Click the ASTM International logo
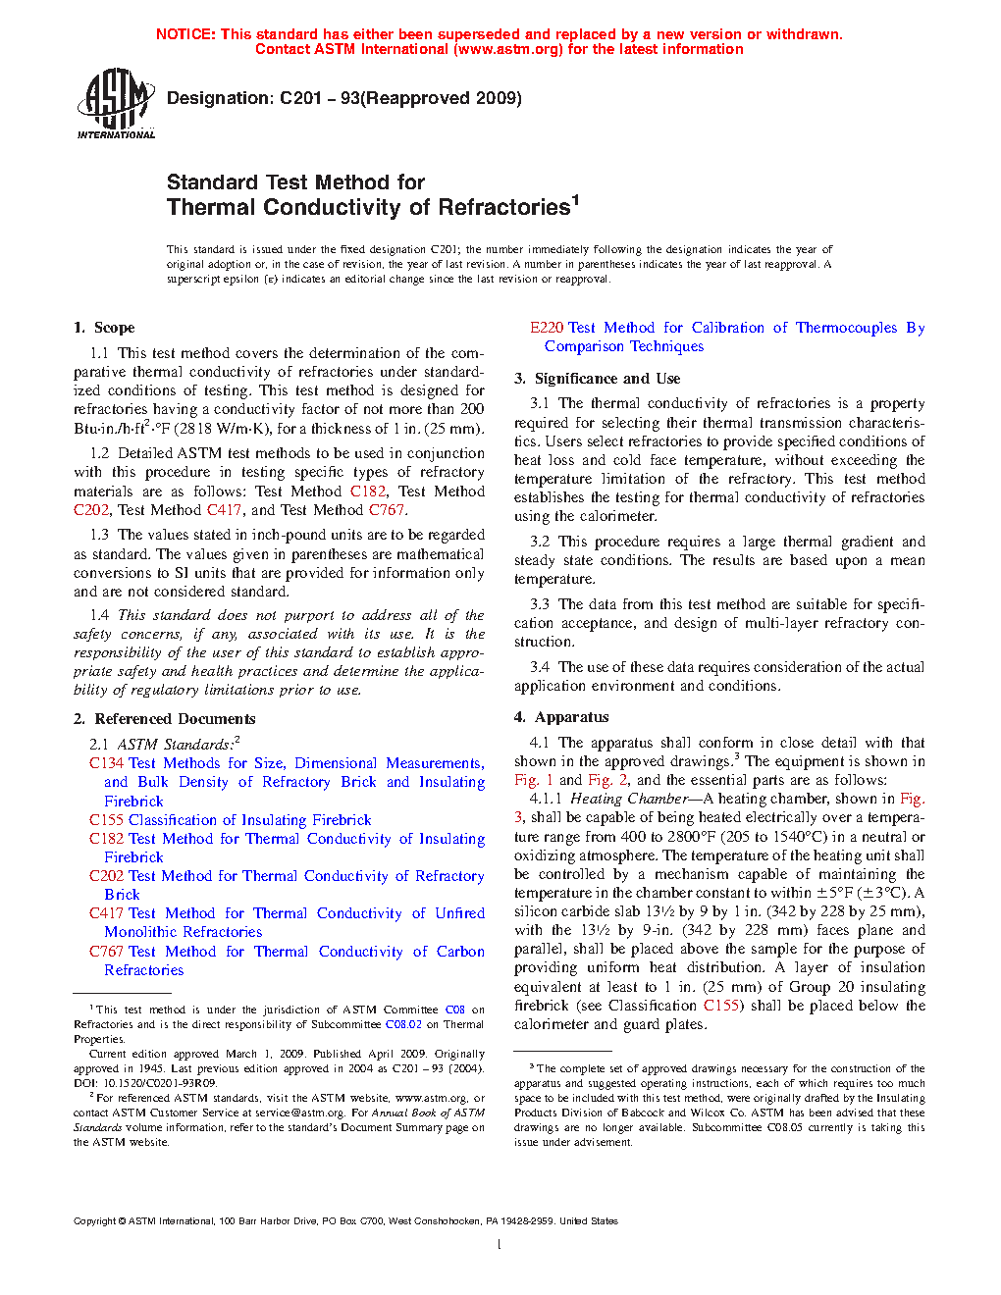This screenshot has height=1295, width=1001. click(x=116, y=103)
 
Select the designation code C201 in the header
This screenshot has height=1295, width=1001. click(x=300, y=98)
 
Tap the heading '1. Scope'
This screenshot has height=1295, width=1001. click(x=104, y=328)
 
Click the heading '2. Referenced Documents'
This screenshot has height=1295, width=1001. click(x=164, y=719)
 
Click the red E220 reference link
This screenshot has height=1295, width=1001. click(x=546, y=328)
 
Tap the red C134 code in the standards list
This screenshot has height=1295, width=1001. click(x=106, y=763)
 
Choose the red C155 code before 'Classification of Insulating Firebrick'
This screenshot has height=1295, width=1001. click(x=106, y=820)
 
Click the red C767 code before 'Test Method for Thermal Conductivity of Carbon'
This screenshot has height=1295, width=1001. click(x=106, y=952)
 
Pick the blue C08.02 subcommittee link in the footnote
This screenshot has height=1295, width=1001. click(x=402, y=1024)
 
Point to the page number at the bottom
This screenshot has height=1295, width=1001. click(x=500, y=1245)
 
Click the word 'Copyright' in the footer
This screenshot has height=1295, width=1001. click(x=94, y=1221)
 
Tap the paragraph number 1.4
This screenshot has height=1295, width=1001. click(x=99, y=615)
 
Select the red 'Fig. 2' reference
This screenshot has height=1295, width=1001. click(x=607, y=780)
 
